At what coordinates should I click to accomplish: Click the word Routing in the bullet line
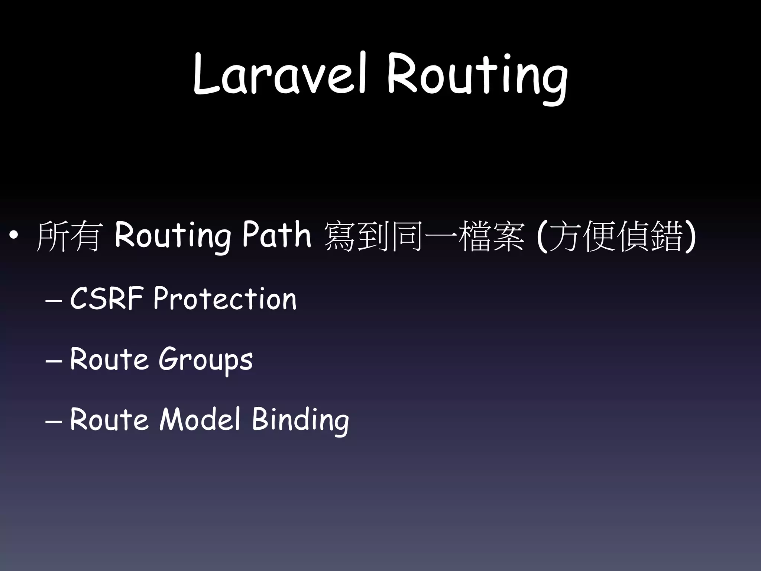(172, 236)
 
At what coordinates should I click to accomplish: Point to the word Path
(277, 235)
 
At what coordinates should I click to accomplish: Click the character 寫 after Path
(339, 236)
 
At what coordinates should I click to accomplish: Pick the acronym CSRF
(107, 298)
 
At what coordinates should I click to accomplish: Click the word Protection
(225, 298)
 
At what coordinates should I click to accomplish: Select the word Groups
(205, 360)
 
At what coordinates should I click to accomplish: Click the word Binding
(300, 420)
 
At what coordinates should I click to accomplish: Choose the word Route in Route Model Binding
(109, 419)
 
